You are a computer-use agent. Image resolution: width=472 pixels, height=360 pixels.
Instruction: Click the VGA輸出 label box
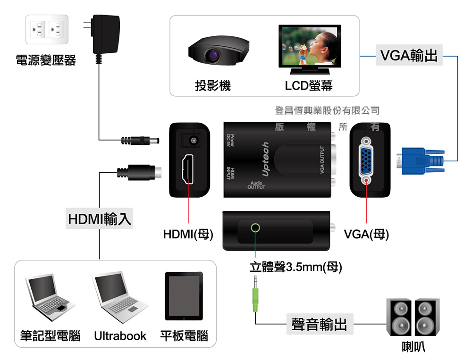408,55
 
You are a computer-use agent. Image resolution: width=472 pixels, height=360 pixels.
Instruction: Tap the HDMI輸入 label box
99,220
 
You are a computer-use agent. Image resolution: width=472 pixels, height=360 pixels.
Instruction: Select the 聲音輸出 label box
319,325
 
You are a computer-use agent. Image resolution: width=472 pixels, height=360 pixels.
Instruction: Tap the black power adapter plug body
106,35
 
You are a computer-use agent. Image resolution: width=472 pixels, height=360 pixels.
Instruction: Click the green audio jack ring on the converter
255,228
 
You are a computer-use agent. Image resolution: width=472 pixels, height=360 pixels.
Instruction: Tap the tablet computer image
184,296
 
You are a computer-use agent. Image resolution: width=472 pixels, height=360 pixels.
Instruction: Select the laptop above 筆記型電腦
49,295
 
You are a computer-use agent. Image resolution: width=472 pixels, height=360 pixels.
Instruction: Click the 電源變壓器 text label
46,60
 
